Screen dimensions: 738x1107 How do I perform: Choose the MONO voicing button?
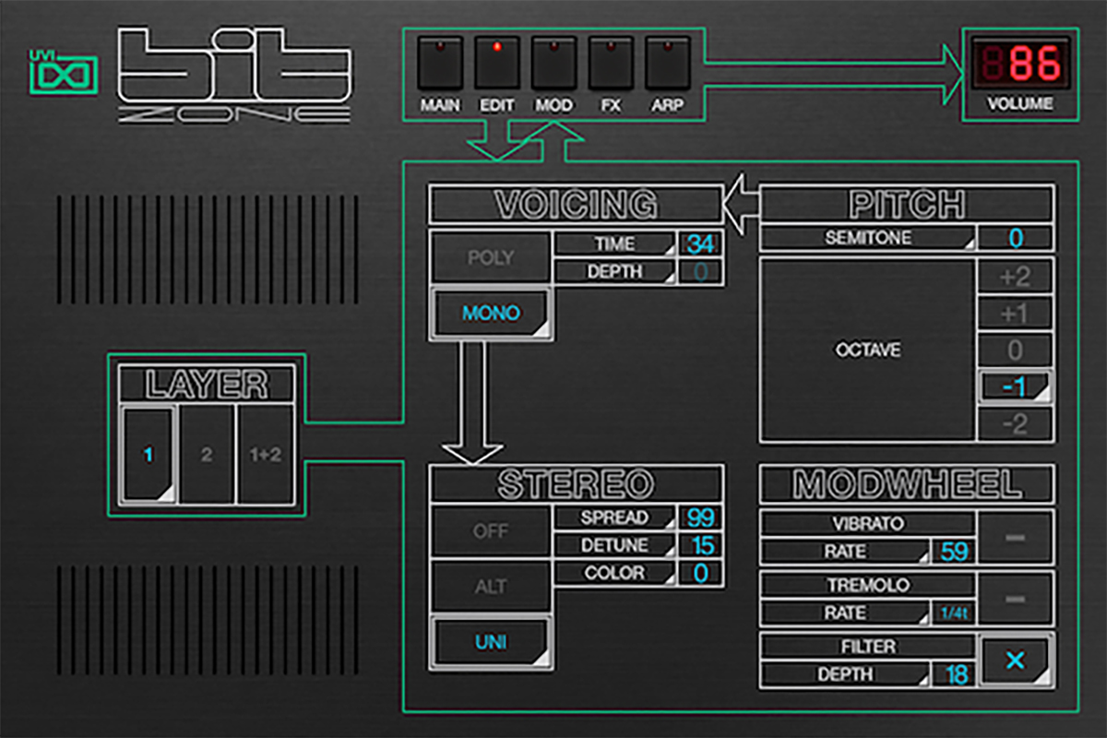(x=491, y=314)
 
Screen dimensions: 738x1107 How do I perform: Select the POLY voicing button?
(x=491, y=258)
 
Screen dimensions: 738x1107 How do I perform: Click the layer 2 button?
(x=207, y=454)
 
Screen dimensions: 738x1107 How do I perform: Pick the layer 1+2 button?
(x=266, y=454)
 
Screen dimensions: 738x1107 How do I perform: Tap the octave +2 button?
(x=1015, y=276)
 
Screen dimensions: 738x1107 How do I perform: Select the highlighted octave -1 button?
(x=1015, y=387)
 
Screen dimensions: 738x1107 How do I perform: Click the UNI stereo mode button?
(x=491, y=642)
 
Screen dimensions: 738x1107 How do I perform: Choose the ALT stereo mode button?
(x=491, y=587)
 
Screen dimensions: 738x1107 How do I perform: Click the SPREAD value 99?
(x=700, y=518)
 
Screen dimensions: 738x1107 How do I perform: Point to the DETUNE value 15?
(x=700, y=545)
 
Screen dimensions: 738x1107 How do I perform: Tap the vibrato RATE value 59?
(x=954, y=553)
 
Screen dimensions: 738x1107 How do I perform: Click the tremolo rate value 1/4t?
(x=954, y=613)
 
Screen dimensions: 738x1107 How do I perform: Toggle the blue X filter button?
(x=1015, y=661)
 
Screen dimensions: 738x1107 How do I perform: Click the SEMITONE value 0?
(x=1015, y=238)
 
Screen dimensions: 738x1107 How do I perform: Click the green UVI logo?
(x=65, y=73)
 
